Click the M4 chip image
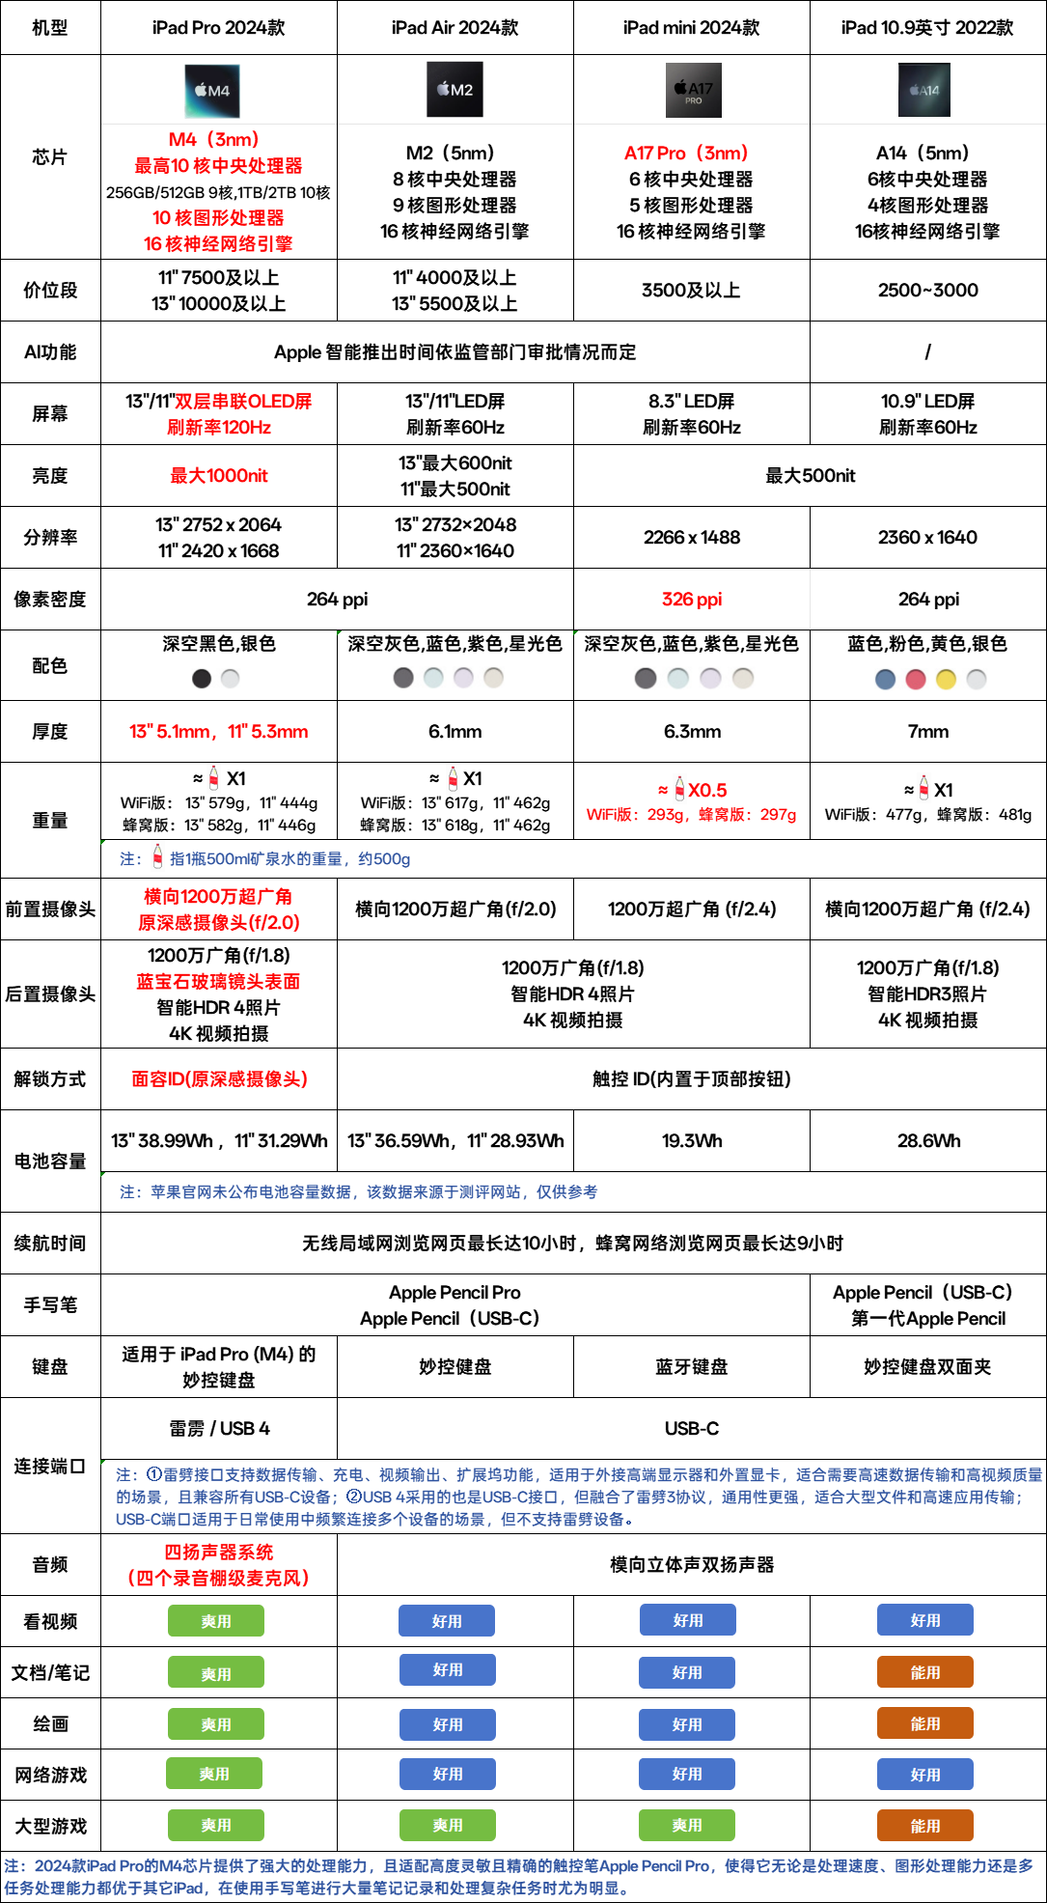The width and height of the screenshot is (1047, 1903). [213, 91]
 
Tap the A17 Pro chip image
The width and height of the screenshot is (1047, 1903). [692, 91]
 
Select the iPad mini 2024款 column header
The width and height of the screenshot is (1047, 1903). [691, 28]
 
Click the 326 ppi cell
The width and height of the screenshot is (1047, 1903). [692, 600]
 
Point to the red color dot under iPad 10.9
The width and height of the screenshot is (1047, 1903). [916, 680]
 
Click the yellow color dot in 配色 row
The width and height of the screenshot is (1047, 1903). [946, 680]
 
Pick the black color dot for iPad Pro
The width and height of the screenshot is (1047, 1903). [202, 679]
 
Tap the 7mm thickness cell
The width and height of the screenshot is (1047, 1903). [927, 732]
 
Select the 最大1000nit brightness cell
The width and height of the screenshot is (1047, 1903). [219, 476]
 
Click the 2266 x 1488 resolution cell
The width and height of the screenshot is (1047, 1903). [692, 538]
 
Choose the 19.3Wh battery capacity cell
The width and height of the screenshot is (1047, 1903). [692, 1141]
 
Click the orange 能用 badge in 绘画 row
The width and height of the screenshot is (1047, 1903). [924, 1723]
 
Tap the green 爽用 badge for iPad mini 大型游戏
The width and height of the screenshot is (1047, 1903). [687, 1825]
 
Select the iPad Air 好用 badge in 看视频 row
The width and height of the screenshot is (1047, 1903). [447, 1621]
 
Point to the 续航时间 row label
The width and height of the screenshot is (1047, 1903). [50, 1244]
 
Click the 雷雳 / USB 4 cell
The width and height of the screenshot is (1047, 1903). [219, 1429]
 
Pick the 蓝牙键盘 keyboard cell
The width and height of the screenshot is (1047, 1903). [692, 1367]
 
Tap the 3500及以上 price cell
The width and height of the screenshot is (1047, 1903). [692, 291]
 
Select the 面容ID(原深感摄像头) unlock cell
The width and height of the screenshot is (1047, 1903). [219, 1079]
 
